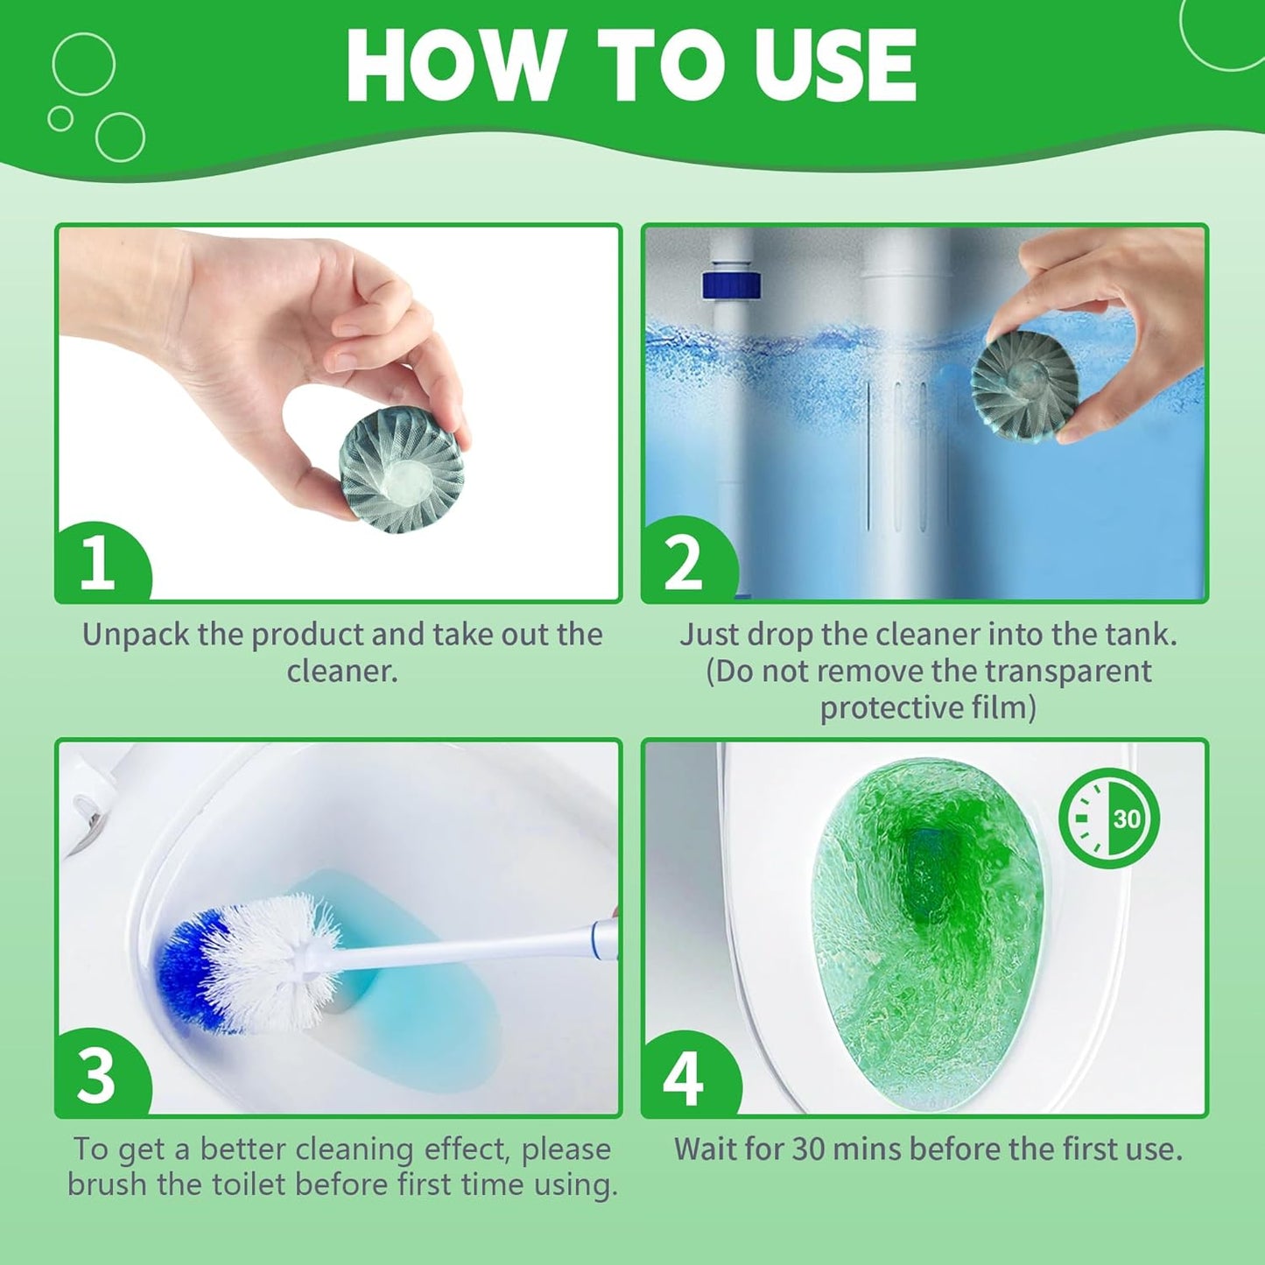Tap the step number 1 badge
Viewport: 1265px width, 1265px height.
point(97,562)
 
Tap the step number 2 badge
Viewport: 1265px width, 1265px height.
point(684,562)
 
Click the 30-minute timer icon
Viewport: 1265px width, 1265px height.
point(1108,819)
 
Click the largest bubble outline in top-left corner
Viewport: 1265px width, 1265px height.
point(84,64)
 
